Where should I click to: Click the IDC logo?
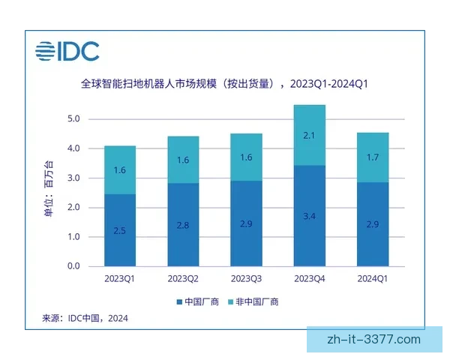click(67, 52)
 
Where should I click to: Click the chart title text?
click(224, 83)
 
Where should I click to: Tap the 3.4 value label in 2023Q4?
click(310, 216)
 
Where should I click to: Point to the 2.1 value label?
click(310, 135)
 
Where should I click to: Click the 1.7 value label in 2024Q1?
click(372, 157)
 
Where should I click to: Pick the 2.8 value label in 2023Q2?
click(183, 224)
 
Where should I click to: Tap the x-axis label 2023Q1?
click(120, 278)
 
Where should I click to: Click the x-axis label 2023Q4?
click(310, 278)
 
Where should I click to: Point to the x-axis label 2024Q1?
click(372, 278)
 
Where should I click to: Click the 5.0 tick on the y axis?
click(73, 119)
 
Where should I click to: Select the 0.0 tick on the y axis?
click(73, 266)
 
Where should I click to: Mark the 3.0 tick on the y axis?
click(73, 178)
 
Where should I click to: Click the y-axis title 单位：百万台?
click(49, 193)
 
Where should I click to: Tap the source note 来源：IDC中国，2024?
click(85, 319)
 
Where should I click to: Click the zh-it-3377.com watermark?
click(375, 340)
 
